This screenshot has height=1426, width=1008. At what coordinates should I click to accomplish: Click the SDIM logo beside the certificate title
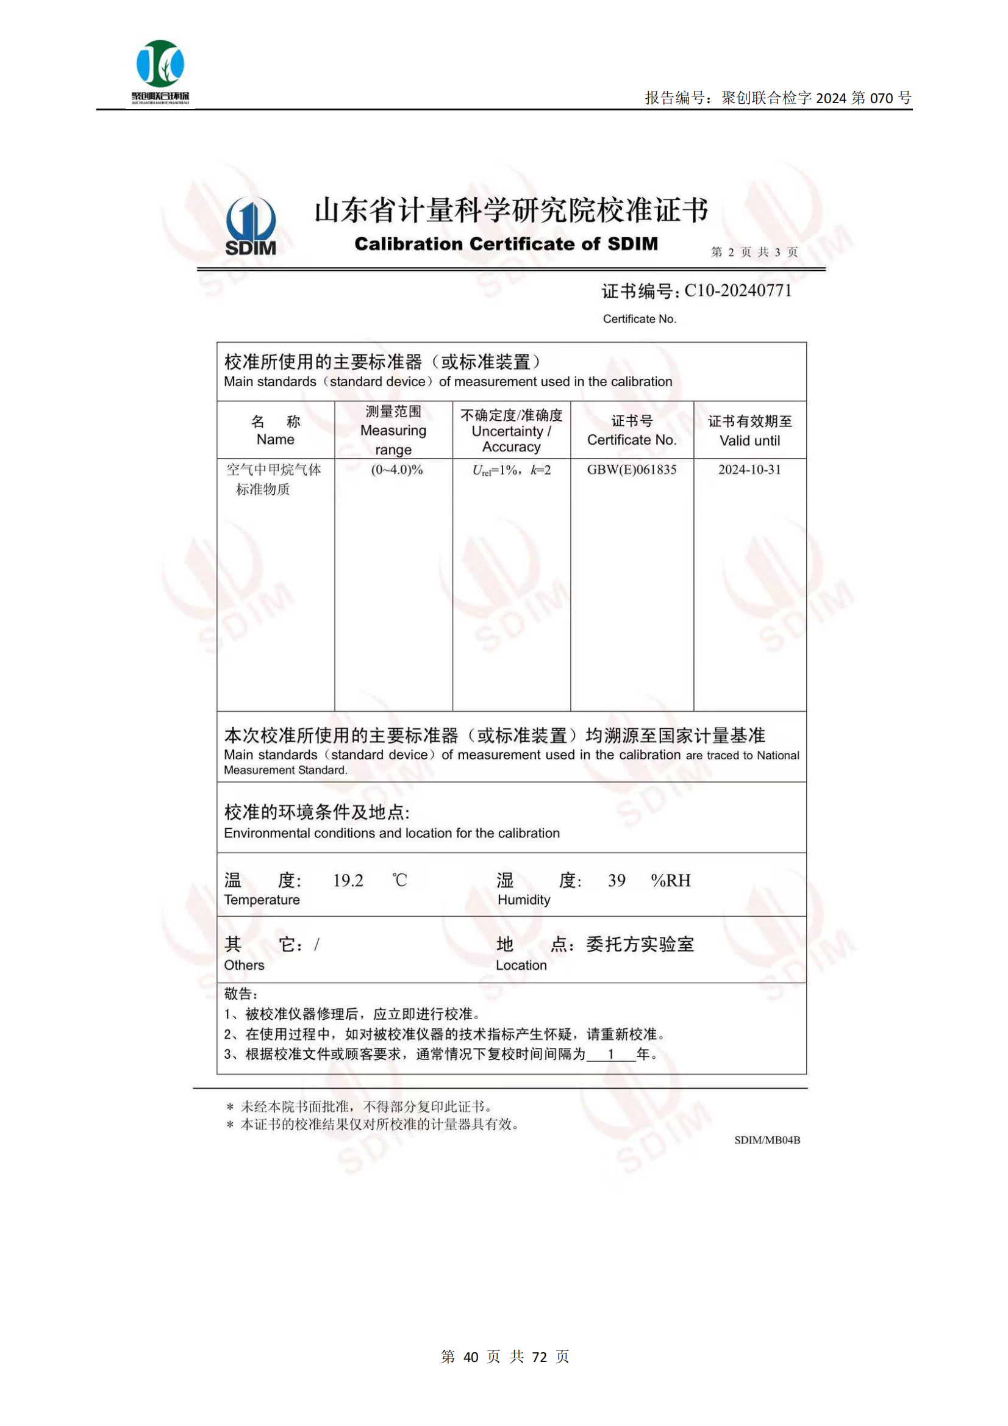point(250,226)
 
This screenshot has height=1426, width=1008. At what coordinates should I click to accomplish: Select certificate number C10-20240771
point(737,291)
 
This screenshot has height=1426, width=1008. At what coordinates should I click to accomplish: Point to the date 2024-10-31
point(749,470)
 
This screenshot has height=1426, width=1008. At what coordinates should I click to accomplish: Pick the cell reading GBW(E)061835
point(632,470)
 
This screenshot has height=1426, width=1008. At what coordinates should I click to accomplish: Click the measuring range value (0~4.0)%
point(397,470)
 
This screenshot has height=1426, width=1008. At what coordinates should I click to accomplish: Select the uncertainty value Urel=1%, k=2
point(511,470)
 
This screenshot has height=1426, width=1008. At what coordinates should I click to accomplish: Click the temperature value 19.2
point(348,880)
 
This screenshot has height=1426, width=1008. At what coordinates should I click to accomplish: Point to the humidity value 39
point(616,880)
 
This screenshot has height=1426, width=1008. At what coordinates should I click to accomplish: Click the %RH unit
point(670,880)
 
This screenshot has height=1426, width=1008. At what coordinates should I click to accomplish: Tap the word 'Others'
point(244,965)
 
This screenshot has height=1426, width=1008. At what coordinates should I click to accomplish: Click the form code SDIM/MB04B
point(767,1140)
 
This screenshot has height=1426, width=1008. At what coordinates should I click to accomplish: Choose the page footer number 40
point(471,1357)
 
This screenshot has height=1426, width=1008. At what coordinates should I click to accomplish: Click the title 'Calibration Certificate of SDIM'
point(506,243)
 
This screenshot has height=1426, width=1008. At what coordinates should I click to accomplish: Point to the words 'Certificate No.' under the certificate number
point(639,318)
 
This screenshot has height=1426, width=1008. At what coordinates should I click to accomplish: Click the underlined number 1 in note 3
point(611,1054)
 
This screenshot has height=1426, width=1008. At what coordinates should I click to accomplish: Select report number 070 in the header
point(881,98)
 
